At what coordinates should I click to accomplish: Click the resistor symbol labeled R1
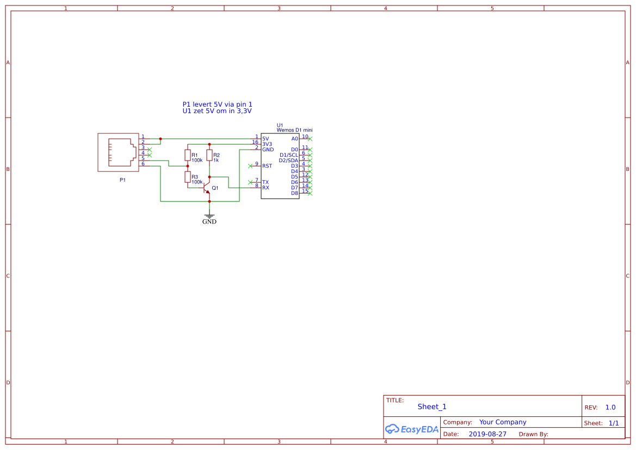tap(188, 155)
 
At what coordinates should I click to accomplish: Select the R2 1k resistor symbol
tap(209, 155)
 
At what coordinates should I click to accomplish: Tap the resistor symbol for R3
tap(188, 177)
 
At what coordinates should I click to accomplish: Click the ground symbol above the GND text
tap(209, 216)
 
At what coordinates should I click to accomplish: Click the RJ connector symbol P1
tap(119, 152)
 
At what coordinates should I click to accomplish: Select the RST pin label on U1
tap(267, 166)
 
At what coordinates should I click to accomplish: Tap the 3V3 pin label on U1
tap(267, 144)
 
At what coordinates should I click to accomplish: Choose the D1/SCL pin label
tap(289, 155)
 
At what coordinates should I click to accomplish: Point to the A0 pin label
tap(294, 139)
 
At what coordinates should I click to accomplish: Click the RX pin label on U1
tap(265, 188)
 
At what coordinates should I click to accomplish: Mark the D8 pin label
tap(294, 193)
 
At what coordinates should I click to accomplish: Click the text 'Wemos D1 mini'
tap(294, 130)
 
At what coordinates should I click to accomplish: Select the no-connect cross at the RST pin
tap(250, 166)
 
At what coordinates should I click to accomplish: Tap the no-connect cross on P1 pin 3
tap(150, 150)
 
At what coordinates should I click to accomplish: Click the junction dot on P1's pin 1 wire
tap(160, 139)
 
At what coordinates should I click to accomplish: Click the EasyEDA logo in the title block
tap(412, 429)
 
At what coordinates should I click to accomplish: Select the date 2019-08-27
tap(487, 434)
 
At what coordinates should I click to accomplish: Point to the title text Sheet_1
tap(432, 406)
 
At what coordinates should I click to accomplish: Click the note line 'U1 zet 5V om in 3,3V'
tap(217, 111)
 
